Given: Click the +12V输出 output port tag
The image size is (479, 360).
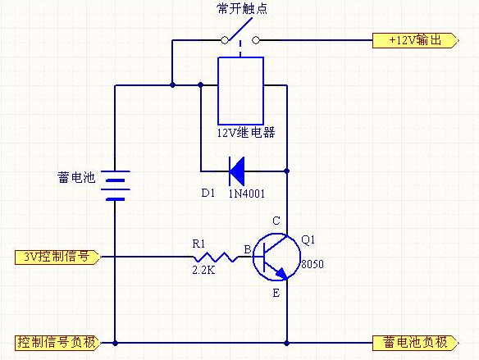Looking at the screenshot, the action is [416, 41].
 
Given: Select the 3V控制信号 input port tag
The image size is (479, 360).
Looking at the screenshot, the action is [57, 257].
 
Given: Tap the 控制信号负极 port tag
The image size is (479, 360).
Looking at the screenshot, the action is [57, 343].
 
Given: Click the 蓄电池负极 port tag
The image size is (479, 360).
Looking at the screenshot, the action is [416, 343].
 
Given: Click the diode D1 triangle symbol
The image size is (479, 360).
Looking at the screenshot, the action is [237, 171].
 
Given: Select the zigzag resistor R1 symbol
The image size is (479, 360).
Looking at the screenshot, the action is [216, 257].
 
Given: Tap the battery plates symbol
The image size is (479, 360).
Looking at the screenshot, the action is [115, 185].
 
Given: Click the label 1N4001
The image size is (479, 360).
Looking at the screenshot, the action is [247, 194].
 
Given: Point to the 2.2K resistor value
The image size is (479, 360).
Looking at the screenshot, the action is [203, 270].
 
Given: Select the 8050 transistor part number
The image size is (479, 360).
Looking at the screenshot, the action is [312, 264].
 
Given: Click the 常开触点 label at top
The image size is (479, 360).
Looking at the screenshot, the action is [242, 8].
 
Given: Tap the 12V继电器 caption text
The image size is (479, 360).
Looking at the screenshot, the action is [246, 133].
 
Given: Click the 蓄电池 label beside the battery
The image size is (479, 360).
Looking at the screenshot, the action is [76, 177].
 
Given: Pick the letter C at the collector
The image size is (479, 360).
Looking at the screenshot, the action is [276, 221].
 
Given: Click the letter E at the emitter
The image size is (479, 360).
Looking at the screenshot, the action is [276, 294].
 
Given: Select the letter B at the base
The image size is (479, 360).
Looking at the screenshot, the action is [248, 250].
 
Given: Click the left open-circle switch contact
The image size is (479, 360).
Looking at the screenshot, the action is [225, 40].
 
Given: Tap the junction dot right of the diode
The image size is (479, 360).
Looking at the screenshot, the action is [286, 171].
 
